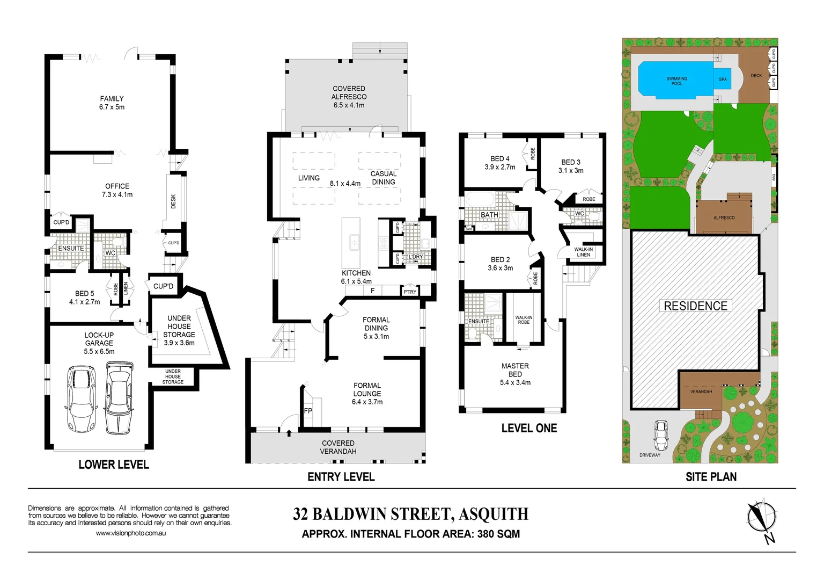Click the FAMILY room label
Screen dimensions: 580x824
coord(112,99)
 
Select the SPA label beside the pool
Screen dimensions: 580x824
coord(723,79)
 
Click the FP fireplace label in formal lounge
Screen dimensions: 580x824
coord(308,411)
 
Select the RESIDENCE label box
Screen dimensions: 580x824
coord(695,306)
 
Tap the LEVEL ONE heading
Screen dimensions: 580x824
coord(529,429)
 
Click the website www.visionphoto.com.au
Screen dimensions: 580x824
coord(131,533)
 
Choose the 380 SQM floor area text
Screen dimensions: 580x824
coord(498,534)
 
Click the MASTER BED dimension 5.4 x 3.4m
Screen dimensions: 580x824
coord(515,383)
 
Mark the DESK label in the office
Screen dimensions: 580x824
coord(173,201)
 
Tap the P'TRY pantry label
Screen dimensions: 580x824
coord(410,292)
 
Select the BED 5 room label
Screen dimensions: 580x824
coord(84,294)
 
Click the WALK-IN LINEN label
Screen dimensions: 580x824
coord(583,252)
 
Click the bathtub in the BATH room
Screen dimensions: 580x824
coord(479,200)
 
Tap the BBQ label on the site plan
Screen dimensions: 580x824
coord(774,177)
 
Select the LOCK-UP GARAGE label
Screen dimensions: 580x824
coord(99,339)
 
